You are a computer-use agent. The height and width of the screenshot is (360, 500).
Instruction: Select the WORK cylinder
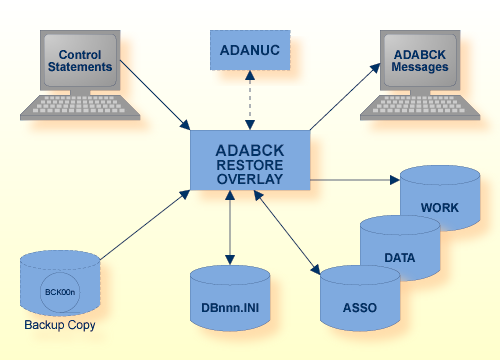point(438,208)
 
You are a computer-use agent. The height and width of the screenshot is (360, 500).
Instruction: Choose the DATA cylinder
point(399,256)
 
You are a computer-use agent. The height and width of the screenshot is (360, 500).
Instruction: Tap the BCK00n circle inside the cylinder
point(60,291)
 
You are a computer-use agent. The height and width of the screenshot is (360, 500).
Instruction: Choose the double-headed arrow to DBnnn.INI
point(232,227)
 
